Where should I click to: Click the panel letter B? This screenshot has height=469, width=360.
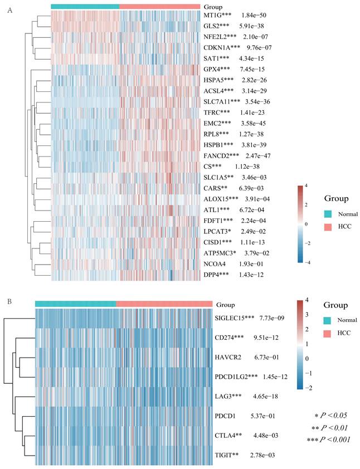9,301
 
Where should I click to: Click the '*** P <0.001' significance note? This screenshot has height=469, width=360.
328,441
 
